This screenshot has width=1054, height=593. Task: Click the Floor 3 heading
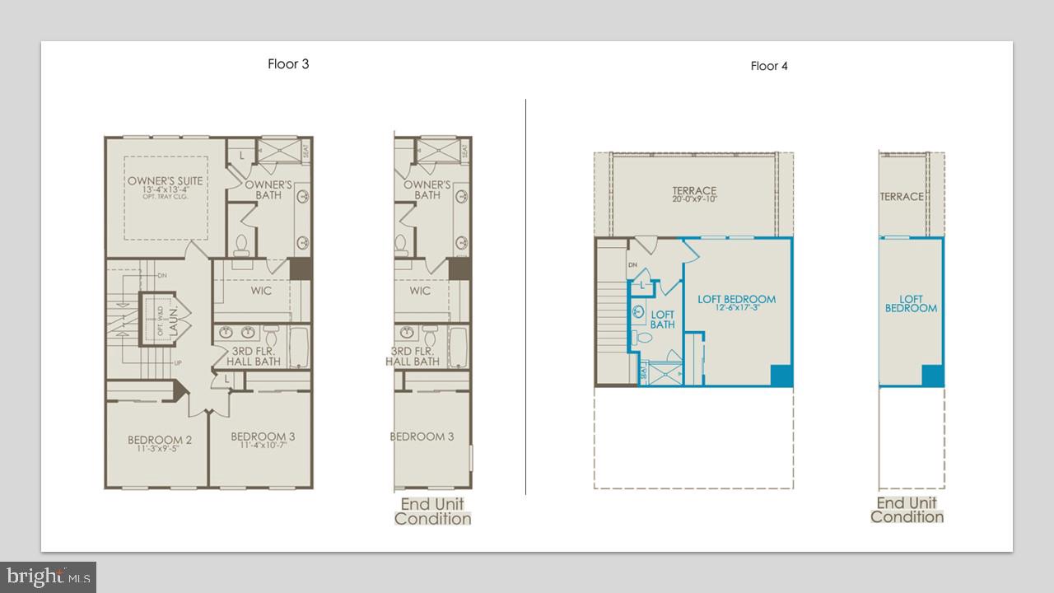pyautogui.click(x=288, y=64)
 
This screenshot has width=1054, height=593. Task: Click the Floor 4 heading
pyautogui.click(x=769, y=66)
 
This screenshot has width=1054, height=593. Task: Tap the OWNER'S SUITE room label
pyautogui.click(x=165, y=181)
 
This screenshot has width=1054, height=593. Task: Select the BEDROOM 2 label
pyautogui.click(x=160, y=441)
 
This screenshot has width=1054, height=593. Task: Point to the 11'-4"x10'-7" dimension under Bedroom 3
pyautogui.click(x=263, y=446)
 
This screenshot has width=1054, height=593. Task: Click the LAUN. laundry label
pyautogui.click(x=174, y=317)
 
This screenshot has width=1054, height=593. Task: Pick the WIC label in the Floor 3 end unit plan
pyautogui.click(x=420, y=291)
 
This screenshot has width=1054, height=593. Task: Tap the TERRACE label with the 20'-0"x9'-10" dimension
pyautogui.click(x=694, y=191)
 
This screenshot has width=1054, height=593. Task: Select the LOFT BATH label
pyautogui.click(x=663, y=320)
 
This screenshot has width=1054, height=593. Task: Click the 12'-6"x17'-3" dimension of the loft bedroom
pyautogui.click(x=736, y=309)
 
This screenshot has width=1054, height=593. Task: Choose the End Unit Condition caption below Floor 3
pyautogui.click(x=432, y=511)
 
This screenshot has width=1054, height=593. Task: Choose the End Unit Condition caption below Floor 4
pyautogui.click(x=907, y=510)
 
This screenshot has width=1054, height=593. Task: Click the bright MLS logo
pyautogui.click(x=48, y=576)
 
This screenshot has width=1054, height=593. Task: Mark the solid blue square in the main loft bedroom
pyautogui.click(x=781, y=375)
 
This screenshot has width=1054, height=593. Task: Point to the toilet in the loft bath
pyautogui.click(x=639, y=337)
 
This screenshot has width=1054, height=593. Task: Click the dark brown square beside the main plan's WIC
pyautogui.click(x=300, y=269)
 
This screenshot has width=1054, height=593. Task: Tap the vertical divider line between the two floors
pyautogui.click(x=525, y=296)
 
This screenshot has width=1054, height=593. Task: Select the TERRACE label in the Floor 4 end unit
pyautogui.click(x=902, y=197)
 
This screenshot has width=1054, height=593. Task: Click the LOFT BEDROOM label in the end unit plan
pyautogui.click(x=911, y=304)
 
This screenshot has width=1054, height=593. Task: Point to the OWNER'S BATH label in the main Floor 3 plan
pyautogui.click(x=268, y=189)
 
